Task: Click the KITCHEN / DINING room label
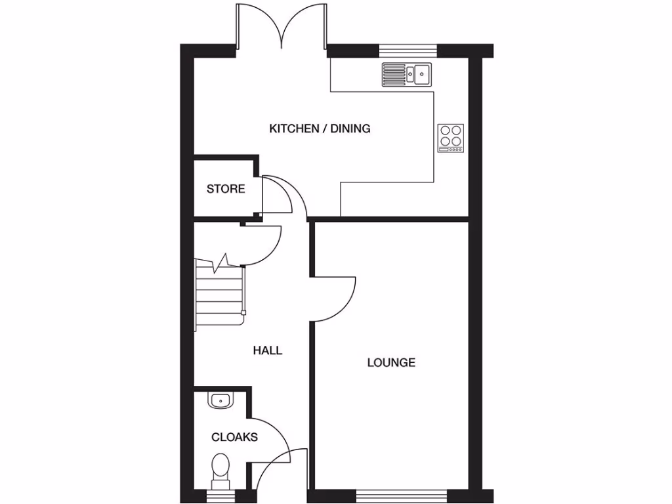click(320, 129)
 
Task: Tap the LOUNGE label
click(391, 362)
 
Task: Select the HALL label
click(268, 350)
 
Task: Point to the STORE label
click(226, 189)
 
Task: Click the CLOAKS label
click(234, 437)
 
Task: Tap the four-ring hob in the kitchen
click(451, 138)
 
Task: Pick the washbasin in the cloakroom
click(220, 399)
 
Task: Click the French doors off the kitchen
click(282, 26)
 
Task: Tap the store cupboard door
click(279, 194)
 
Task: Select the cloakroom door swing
click(272, 440)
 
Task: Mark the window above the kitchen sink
click(408, 49)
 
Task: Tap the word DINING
click(350, 129)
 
